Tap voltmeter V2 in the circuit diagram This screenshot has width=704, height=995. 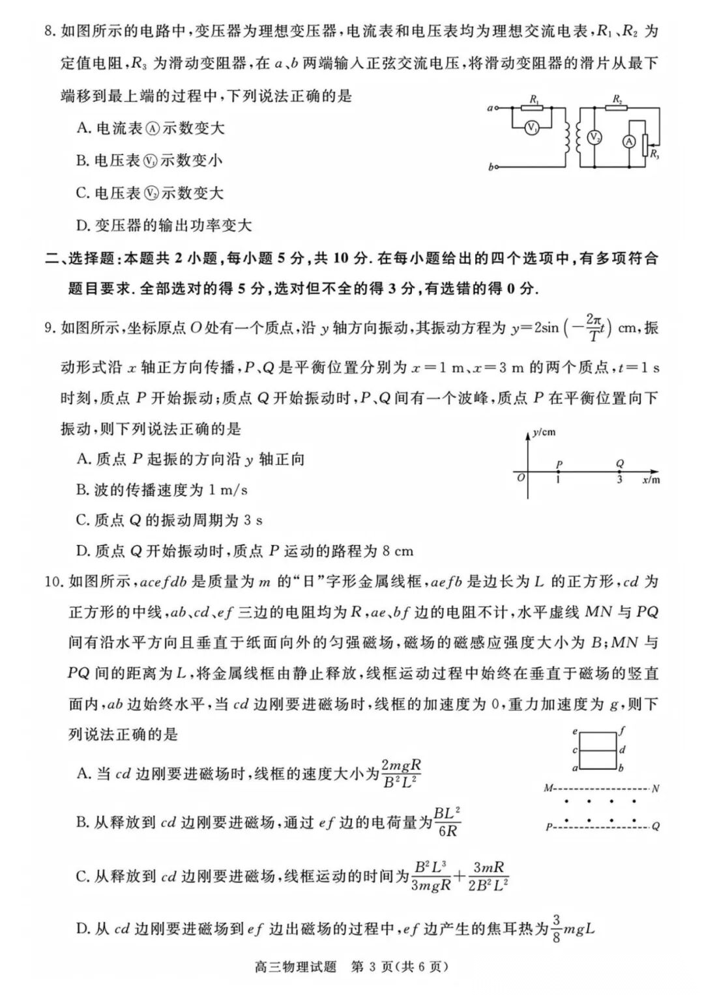pos(594,137)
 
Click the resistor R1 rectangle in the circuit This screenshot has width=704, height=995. pos(534,107)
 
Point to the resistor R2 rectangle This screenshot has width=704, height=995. pos(617,107)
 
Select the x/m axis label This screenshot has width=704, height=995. pos(651,480)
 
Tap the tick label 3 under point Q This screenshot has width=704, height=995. pos(619,480)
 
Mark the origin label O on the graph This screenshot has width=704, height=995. pos(520,477)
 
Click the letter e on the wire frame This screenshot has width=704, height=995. pos(575,731)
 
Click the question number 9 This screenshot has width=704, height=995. pos(50,328)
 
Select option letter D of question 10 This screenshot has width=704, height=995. pos(82,928)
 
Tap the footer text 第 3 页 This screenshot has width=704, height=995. pos(371,966)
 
